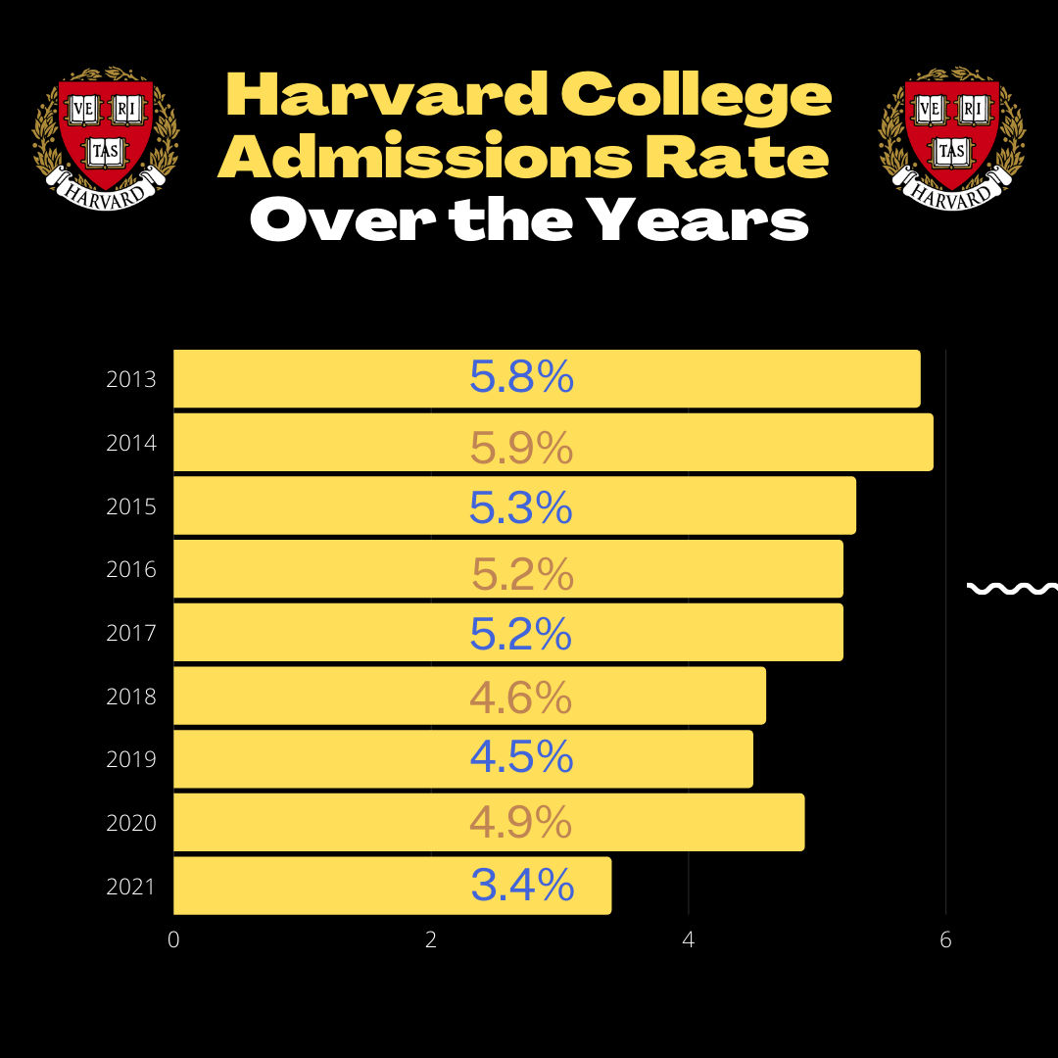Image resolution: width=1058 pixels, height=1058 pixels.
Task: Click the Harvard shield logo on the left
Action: point(106,135)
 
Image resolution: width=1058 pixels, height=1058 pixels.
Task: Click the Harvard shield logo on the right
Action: point(952,135)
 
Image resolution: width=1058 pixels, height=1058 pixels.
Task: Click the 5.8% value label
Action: point(521,378)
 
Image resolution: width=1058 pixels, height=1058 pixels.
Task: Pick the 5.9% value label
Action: point(521,449)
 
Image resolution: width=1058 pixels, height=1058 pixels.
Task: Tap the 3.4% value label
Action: point(522,886)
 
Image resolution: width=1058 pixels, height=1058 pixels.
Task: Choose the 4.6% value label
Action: point(520,697)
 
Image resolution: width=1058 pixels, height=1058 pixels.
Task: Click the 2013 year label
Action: point(131,379)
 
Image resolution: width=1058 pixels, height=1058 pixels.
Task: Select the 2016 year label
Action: point(131,569)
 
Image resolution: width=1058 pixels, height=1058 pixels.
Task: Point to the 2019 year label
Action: point(131,759)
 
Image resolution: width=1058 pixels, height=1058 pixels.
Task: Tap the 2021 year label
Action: point(131,887)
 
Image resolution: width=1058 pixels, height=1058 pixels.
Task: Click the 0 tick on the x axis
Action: point(173,939)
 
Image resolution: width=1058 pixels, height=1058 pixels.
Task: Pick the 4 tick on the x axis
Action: point(689,939)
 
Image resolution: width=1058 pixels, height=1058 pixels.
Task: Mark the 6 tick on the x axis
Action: point(945,939)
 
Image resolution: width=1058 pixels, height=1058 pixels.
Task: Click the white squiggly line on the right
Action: point(1012,588)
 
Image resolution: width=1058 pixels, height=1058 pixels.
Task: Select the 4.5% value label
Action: point(521,757)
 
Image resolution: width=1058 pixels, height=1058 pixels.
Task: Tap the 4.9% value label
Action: point(520,823)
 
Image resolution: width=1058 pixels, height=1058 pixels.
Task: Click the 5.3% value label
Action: point(520,507)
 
